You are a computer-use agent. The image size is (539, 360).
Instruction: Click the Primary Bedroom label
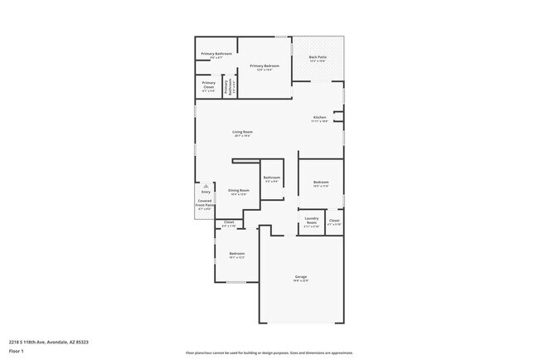(x=264, y=66)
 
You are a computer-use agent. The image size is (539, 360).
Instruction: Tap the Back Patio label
(x=318, y=57)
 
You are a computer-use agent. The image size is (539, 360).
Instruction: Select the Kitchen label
(x=319, y=117)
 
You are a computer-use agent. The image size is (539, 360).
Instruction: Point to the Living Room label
(x=242, y=132)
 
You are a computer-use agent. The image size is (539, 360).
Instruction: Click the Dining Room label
(x=239, y=190)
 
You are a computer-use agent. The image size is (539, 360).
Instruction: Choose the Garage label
(x=301, y=276)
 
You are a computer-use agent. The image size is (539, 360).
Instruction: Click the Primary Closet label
(x=209, y=83)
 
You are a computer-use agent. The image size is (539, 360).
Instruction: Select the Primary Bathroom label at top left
(x=216, y=54)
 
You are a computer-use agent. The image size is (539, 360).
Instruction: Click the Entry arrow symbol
(x=206, y=186)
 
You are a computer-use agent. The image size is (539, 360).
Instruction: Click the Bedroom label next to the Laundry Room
(x=321, y=182)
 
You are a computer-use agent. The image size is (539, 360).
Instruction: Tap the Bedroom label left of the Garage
(x=237, y=253)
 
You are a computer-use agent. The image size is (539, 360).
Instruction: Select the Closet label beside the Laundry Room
(x=334, y=221)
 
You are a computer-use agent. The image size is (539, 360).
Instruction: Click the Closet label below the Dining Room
(x=230, y=222)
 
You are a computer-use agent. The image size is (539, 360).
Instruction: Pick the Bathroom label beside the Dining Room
(x=272, y=178)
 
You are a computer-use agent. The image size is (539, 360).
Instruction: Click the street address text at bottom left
(x=49, y=341)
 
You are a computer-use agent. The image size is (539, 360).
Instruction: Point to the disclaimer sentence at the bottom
(x=269, y=353)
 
